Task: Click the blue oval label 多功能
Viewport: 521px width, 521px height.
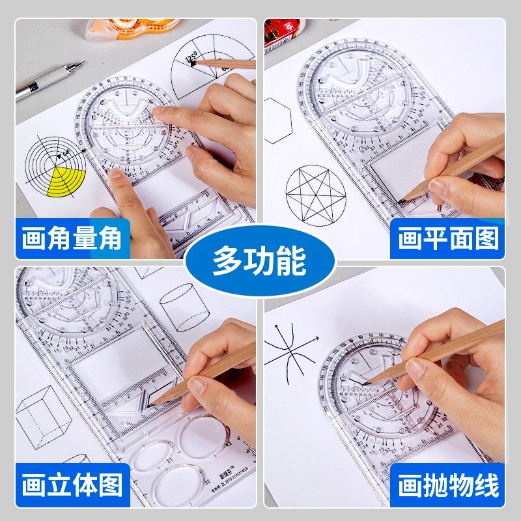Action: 260,261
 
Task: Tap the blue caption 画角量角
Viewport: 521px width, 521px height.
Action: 72,239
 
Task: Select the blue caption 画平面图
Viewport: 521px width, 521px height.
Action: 449,239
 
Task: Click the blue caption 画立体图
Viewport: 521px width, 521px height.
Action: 72,485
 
